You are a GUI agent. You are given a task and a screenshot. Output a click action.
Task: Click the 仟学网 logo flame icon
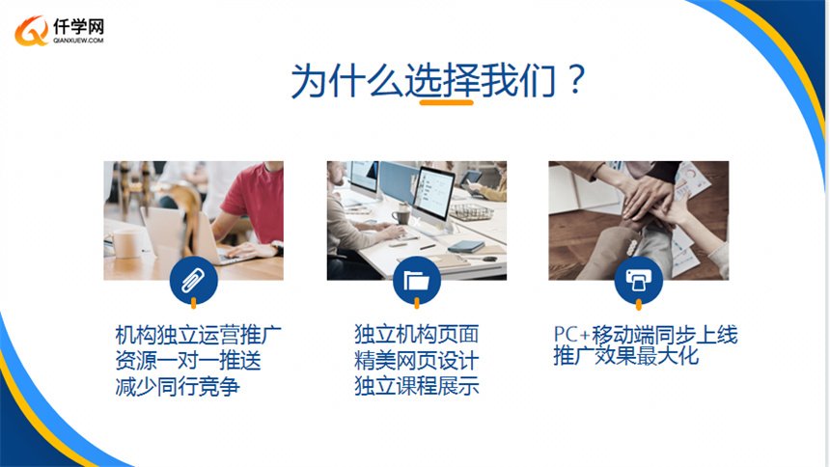pos(31,31)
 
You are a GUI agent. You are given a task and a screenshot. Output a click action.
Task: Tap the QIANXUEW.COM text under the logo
pos(78,41)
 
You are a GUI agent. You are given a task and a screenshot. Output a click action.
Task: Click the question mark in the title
pos(575,79)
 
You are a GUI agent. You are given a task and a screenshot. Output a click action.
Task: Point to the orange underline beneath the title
pos(446,102)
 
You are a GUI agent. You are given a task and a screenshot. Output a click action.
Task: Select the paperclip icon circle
pos(194,280)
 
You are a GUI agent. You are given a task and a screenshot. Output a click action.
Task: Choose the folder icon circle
pos(417,280)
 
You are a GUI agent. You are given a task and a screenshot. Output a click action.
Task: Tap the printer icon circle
pos(638,280)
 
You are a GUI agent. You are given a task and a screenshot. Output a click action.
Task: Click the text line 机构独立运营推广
pos(199,335)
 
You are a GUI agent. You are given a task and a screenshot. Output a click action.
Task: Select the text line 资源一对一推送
pos(188,361)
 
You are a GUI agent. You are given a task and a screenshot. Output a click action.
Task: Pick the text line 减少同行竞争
pos(178,387)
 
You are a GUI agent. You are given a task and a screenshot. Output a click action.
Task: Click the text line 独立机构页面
pos(417,335)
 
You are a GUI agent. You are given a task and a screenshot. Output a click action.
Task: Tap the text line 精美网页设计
pos(417,361)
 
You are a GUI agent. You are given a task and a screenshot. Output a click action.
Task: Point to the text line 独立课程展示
pos(417,386)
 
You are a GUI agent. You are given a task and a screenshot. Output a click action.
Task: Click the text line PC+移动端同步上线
pos(646,335)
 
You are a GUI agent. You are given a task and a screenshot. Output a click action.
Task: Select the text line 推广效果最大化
pos(626,355)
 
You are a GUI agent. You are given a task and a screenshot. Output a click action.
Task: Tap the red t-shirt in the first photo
pos(254,202)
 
